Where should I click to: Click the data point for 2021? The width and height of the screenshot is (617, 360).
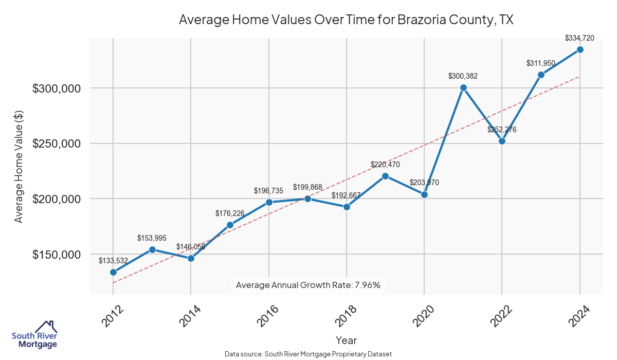pyautogui.click(x=463, y=87)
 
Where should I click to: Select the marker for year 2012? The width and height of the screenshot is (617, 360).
pyautogui.click(x=113, y=272)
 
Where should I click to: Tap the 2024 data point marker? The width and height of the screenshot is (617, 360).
pyautogui.click(x=580, y=49)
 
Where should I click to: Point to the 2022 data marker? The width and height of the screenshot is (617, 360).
pyautogui.click(x=502, y=141)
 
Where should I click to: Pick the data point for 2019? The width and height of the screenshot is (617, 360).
pyautogui.click(x=385, y=176)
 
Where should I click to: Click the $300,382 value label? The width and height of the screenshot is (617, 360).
pyautogui.click(x=463, y=76)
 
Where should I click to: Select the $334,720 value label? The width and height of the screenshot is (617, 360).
pyautogui.click(x=579, y=38)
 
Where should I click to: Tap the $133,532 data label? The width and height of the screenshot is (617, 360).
pyautogui.click(x=113, y=261)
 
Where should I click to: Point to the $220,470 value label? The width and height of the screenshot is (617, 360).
pyautogui.click(x=385, y=165)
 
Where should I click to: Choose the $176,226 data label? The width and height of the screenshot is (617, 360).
pyautogui.click(x=230, y=213)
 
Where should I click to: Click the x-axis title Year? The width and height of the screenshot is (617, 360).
pyautogui.click(x=346, y=340)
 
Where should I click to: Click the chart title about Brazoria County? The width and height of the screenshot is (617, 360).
pyautogui.click(x=346, y=20)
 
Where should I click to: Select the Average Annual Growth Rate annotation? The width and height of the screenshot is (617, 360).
pyautogui.click(x=308, y=285)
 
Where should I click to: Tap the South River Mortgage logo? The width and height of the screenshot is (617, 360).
pyautogui.click(x=35, y=335)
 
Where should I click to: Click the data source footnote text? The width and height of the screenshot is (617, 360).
pyautogui.click(x=308, y=354)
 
